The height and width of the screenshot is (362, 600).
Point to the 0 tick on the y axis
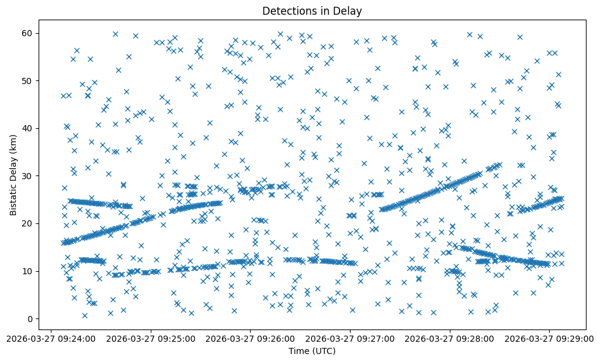[x=30, y=318]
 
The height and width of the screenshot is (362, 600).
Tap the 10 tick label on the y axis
[x=28, y=271]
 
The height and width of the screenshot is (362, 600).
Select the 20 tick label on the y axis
[x=28, y=223]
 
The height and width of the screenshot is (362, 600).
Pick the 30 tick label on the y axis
[x=28, y=175]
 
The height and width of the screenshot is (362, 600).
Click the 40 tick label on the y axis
[x=28, y=128]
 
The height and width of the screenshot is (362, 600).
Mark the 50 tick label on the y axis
[x=28, y=80]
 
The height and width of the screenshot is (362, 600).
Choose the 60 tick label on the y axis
[x=28, y=33]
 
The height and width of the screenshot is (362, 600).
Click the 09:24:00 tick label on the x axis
[x=51, y=338]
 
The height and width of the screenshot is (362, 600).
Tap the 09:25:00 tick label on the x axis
[x=151, y=338]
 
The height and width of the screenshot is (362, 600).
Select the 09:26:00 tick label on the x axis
[x=251, y=338]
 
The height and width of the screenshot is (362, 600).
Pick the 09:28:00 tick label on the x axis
[x=450, y=338]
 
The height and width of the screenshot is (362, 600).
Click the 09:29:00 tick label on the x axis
[x=549, y=338]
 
